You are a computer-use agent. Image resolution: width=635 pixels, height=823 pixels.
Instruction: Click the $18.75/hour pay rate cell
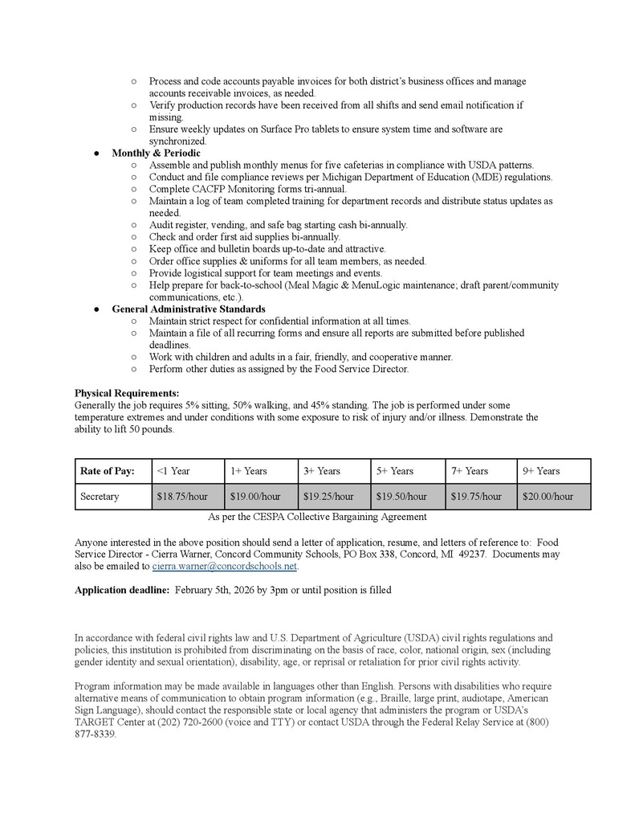click(188, 497)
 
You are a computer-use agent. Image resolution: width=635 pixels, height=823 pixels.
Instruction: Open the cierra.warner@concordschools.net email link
click(225, 567)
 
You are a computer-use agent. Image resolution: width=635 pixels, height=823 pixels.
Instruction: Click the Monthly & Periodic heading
click(156, 153)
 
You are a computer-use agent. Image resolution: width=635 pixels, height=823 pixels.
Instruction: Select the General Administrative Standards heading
click(189, 309)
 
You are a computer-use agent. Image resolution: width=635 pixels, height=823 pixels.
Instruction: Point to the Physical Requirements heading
click(127, 393)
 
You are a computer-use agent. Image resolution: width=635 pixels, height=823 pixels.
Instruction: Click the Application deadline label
click(121, 590)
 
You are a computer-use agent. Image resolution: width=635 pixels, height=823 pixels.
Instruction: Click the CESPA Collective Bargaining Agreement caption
click(317, 517)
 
